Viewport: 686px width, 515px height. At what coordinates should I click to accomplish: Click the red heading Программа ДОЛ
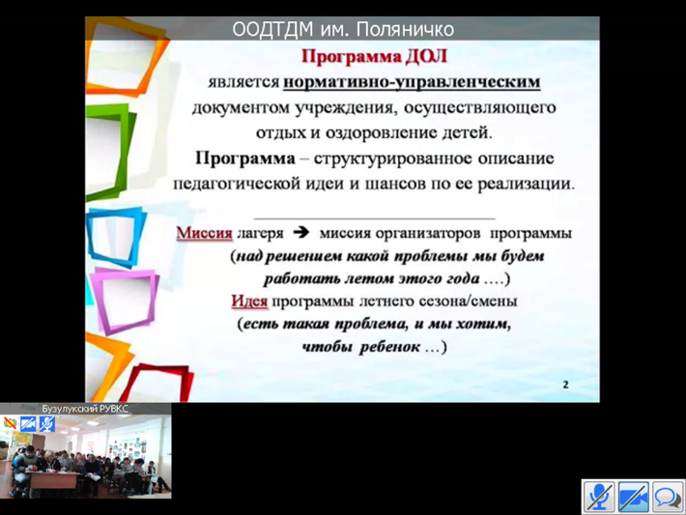[375, 56]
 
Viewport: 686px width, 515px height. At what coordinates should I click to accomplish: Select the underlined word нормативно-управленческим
[412, 82]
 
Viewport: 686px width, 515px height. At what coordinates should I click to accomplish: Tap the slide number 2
[565, 385]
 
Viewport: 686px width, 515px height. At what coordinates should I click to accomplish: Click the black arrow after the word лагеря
[301, 232]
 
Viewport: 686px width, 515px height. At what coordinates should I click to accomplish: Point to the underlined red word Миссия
[204, 233]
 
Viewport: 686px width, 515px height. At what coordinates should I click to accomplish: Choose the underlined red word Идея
[249, 301]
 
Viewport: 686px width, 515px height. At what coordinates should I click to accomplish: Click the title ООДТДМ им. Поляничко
[343, 29]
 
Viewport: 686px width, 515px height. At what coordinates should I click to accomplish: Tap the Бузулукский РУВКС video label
[85, 409]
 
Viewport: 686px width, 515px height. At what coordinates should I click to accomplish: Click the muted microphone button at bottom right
[598, 497]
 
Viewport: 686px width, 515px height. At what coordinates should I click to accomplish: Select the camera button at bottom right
[633, 497]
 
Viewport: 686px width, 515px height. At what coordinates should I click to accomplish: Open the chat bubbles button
[668, 497]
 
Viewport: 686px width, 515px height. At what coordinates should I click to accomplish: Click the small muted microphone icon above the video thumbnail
[46, 423]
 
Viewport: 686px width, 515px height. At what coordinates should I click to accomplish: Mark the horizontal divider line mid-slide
[375, 218]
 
